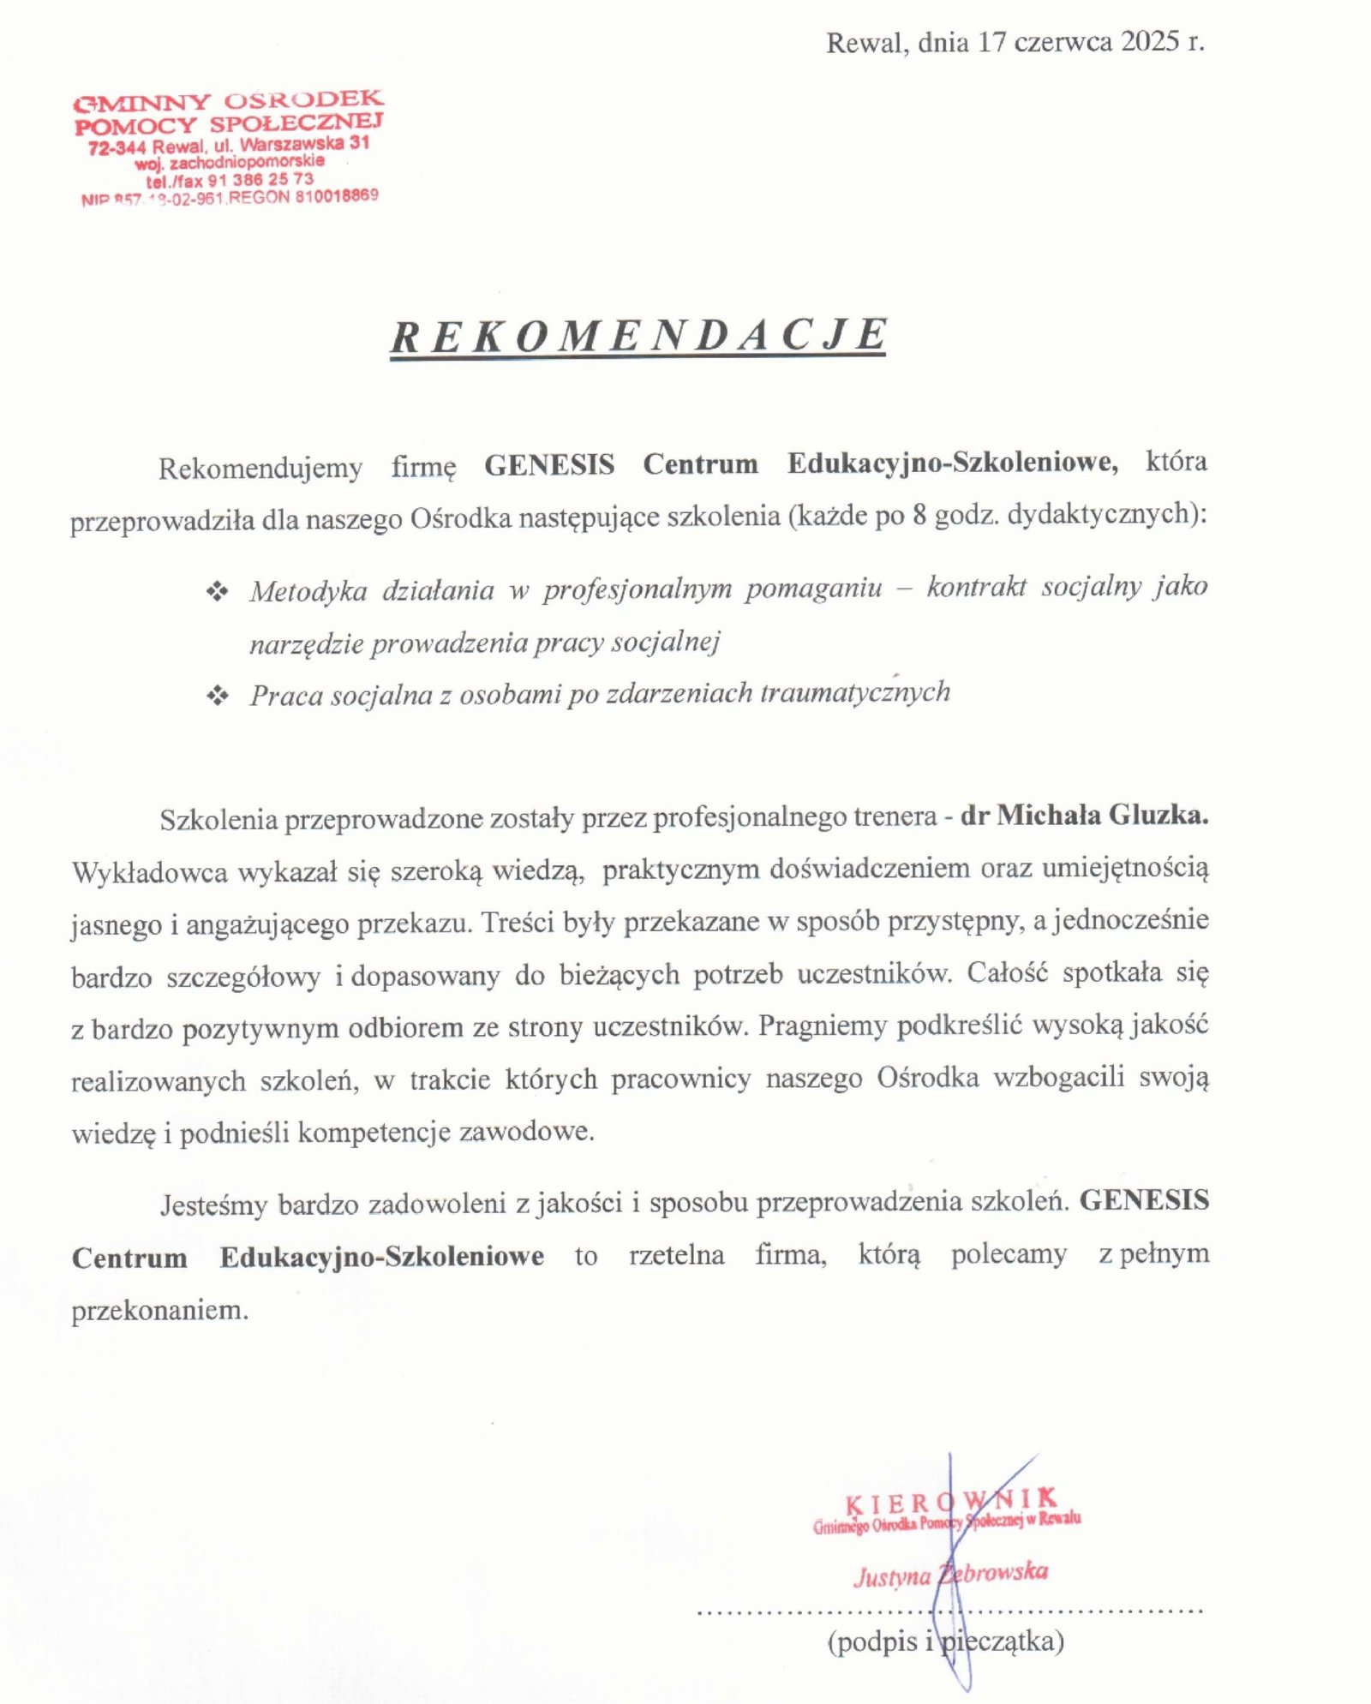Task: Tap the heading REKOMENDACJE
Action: [638, 335]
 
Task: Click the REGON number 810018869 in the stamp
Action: [335, 196]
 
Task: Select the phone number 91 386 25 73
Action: [260, 180]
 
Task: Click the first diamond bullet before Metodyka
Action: [217, 591]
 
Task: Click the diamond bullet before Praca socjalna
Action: [217, 695]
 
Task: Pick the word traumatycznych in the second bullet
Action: [855, 692]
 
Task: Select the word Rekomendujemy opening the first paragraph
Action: [260, 469]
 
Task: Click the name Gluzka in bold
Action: [1158, 815]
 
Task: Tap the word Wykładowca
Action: [149, 873]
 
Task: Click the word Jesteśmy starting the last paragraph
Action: [213, 1205]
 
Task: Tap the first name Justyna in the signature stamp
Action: [892, 1577]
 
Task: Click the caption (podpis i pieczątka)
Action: [945, 1641]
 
